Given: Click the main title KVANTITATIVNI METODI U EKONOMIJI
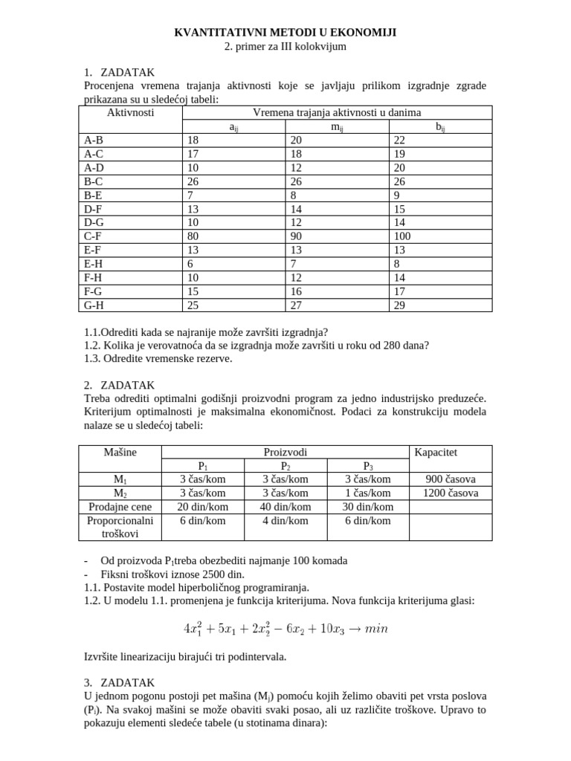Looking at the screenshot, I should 285,32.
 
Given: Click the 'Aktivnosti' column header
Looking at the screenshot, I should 130,112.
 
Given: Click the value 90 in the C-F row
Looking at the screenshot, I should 296,236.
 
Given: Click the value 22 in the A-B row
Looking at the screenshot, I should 399,139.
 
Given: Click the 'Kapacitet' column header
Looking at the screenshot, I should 436,452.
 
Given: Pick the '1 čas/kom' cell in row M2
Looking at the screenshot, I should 367,493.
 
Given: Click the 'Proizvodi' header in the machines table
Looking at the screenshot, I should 285,452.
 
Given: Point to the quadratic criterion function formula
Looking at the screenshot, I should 285,628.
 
